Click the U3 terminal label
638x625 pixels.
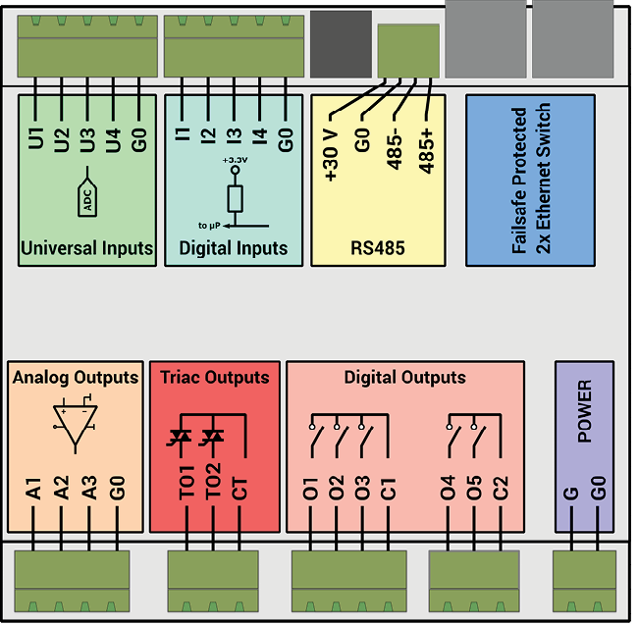click(x=87, y=137)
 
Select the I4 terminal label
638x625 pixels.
click(x=259, y=137)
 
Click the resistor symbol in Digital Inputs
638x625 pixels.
click(x=235, y=199)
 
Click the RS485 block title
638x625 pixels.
click(x=378, y=249)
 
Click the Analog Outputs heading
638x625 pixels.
click(x=76, y=377)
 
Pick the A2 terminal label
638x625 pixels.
click(x=62, y=491)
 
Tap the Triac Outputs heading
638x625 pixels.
click(x=214, y=377)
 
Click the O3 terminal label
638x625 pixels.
click(x=362, y=491)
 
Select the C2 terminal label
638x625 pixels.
click(x=501, y=491)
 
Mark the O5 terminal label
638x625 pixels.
click(x=475, y=491)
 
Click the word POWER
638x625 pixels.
click(x=585, y=412)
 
